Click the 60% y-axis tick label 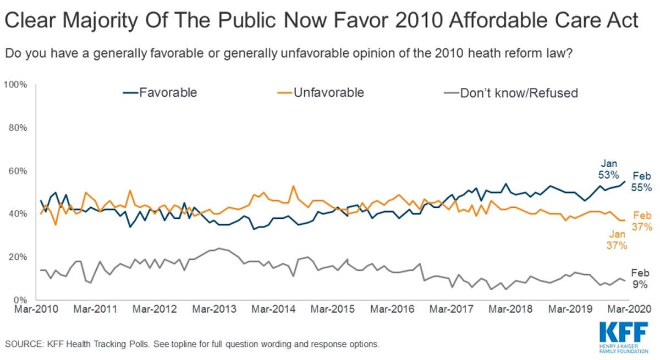click(18, 171)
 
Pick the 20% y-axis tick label click(18, 257)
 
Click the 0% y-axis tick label click(20, 300)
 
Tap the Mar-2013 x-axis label click(213, 309)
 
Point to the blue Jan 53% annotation click(609, 169)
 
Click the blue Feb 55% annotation click(641, 182)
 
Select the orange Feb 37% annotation click(641, 221)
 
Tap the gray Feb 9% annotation click(639, 279)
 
